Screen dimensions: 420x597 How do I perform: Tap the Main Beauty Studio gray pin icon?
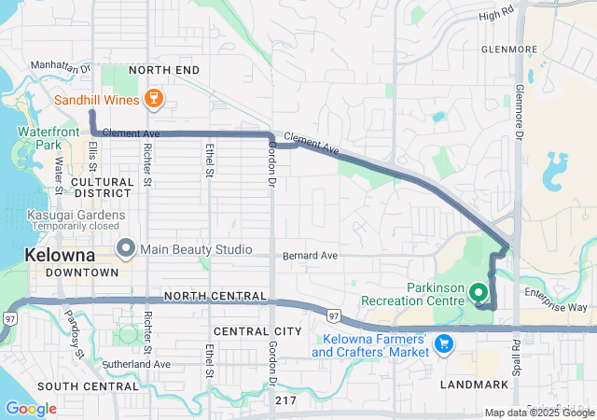tap(126, 248)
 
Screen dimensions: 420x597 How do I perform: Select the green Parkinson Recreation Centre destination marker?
tap(480, 293)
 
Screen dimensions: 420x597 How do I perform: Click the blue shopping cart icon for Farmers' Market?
tap(444, 343)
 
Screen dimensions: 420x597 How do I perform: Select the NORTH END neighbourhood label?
tap(164, 70)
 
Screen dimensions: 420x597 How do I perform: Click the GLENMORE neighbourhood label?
tap(510, 49)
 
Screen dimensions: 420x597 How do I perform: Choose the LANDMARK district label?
tap(478, 385)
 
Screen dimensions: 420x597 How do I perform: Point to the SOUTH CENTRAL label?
tap(76, 385)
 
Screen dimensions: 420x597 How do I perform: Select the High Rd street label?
tap(496, 16)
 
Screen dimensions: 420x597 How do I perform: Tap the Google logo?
tap(31, 409)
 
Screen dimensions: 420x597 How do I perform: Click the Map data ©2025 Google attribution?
tap(539, 413)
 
